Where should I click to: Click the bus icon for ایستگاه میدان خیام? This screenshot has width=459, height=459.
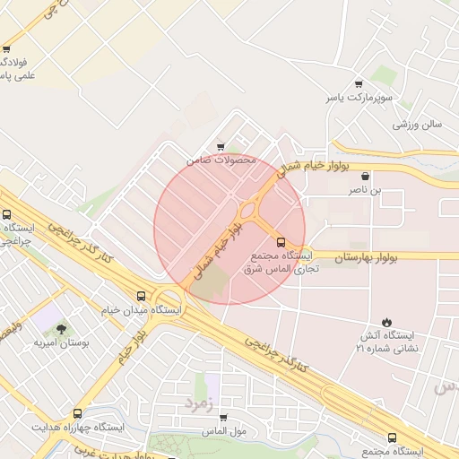(x=141, y=296)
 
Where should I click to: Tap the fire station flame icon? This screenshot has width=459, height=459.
(x=386, y=322)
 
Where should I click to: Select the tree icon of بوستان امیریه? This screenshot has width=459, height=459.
(x=61, y=330)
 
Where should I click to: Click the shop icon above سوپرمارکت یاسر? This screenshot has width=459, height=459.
(x=359, y=82)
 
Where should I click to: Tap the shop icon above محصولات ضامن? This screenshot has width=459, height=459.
(x=221, y=147)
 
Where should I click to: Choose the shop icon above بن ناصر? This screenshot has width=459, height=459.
(x=365, y=178)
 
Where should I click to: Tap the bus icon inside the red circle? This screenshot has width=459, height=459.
(x=281, y=242)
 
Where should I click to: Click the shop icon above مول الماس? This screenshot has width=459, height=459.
(x=223, y=418)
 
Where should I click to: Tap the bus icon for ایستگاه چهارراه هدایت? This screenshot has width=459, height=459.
(x=78, y=414)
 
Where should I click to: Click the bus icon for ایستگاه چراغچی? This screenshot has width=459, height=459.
(x=7, y=215)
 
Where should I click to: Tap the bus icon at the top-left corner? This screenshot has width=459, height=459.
(x=7, y=49)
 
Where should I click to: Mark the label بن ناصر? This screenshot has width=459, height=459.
(x=365, y=191)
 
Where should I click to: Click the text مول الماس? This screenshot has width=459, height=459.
(x=225, y=431)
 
